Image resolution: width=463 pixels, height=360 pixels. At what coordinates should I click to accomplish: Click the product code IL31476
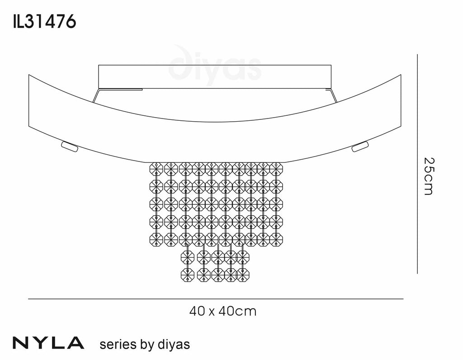pyautogui.click(x=44, y=21)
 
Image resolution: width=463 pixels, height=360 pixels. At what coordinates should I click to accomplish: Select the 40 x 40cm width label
pyautogui.click(x=223, y=311)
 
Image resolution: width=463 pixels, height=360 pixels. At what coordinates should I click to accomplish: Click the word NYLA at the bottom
pyautogui.click(x=48, y=343)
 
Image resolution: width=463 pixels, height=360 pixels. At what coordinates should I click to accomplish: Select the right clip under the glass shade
pyautogui.click(x=361, y=147)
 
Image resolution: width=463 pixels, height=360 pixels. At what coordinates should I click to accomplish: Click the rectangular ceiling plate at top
pyautogui.click(x=215, y=76)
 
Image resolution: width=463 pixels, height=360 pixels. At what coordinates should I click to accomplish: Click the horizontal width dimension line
pyautogui.click(x=215, y=299)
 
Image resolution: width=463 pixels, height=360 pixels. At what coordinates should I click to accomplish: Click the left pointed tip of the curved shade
pyautogui.click(x=29, y=76)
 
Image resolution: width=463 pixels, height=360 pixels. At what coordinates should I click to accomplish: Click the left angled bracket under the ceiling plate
pyautogui.click(x=96, y=96)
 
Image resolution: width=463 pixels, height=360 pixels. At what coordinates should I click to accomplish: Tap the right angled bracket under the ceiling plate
pyautogui.click(x=335, y=96)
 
